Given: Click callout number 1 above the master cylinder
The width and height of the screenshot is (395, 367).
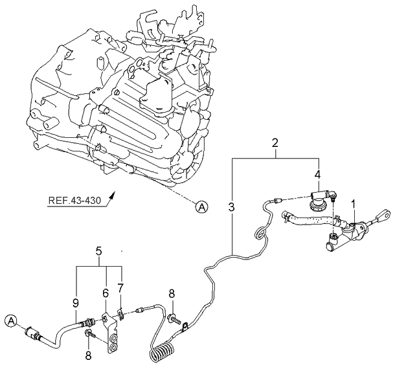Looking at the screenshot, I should click(x=353, y=205).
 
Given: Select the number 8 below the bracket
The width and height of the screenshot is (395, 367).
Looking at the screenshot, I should click(x=88, y=355).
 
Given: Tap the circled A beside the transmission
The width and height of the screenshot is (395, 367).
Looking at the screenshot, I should click(x=203, y=206).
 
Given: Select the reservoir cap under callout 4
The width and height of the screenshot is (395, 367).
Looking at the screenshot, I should click(x=319, y=206).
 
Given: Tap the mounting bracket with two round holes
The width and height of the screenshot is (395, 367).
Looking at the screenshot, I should click(x=114, y=339).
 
